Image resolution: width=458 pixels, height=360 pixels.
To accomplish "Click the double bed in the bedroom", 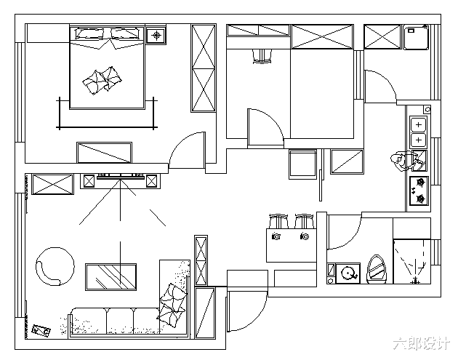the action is coord(107,67).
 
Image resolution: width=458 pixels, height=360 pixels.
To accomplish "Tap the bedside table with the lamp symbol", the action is coord(156,36).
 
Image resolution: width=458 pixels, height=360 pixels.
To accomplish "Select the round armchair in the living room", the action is coord(55,266).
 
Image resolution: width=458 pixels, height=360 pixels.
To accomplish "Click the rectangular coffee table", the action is coord(111,277).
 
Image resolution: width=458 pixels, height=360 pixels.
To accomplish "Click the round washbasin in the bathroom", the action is coord(348,273).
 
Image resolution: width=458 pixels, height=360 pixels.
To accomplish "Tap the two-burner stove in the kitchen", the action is coord(419,191).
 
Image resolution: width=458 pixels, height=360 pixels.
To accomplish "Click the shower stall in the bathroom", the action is coord(412,262).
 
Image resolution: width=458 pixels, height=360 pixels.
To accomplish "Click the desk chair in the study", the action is coord(262,56).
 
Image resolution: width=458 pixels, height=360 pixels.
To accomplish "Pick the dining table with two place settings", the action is coord(292,245).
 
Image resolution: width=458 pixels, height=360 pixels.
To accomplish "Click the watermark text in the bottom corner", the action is coord(421,343).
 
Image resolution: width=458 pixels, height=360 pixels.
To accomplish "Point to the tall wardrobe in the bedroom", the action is coord(204,68).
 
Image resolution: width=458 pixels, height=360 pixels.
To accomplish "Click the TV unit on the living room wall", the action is coord(120,181).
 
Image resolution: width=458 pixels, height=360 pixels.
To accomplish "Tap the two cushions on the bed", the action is coord(103,80).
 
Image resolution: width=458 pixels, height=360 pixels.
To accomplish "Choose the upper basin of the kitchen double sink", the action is coord(419,125).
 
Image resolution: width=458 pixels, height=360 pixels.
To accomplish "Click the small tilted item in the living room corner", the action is coord(41,330).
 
